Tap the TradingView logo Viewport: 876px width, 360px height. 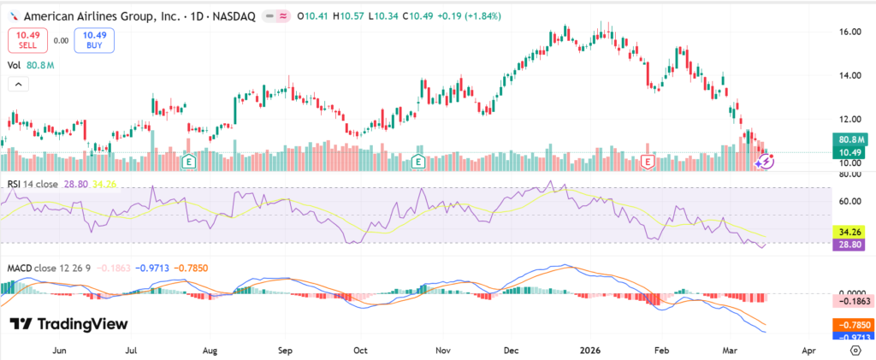(68, 324)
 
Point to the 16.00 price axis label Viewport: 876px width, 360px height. (849, 32)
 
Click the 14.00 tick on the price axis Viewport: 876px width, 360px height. (849, 75)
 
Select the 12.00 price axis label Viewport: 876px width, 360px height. (849, 119)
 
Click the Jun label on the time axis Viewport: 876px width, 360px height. (59, 351)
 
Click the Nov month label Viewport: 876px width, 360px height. (442, 351)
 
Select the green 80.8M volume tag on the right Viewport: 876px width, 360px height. (853, 139)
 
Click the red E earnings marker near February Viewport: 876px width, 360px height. (648, 161)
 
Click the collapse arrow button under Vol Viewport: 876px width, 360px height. (17, 84)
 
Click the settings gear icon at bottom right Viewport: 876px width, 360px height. (855, 351)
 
